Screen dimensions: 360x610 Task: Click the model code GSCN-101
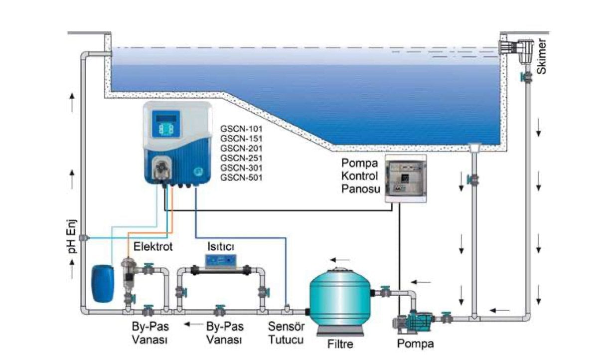click(x=242, y=129)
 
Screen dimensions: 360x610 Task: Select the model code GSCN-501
click(x=242, y=177)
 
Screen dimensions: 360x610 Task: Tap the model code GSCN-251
click(x=242, y=158)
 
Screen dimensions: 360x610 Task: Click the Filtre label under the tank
click(x=339, y=345)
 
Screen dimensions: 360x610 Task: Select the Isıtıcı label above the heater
click(x=221, y=246)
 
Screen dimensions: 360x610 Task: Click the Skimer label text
click(x=543, y=60)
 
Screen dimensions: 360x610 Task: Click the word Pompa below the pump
click(x=416, y=344)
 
